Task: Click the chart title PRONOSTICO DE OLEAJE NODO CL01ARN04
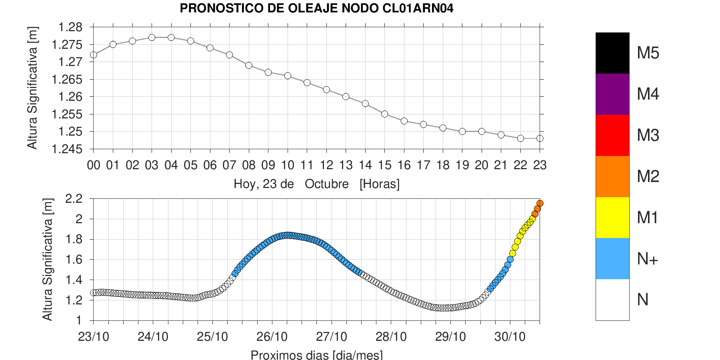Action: [316, 8]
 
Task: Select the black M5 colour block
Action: [612, 53]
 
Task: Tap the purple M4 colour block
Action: [612, 94]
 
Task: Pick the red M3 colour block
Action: [612, 135]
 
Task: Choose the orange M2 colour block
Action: [612, 176]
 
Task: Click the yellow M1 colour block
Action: [612, 218]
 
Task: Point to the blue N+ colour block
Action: [612, 259]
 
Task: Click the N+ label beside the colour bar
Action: [648, 259]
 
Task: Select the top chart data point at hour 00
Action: [94, 55]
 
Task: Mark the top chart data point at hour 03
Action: [152, 37]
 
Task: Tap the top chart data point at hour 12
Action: [326, 90]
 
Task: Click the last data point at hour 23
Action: [540, 138]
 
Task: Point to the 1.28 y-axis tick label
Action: [70, 27]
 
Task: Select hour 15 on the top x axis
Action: [385, 165]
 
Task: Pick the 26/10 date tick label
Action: [272, 337]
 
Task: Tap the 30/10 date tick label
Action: [510, 337]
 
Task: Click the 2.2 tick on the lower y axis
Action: [74, 198]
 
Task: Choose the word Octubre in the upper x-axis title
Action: [326, 184]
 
